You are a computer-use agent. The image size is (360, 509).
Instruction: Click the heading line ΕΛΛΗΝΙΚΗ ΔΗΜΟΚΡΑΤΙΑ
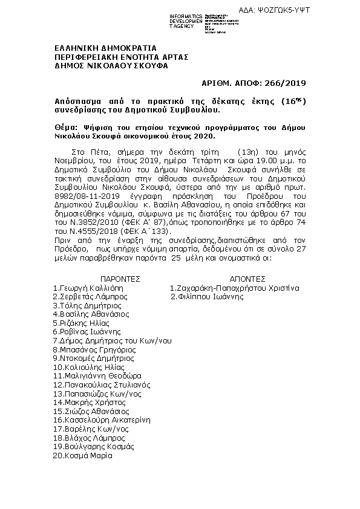click(106, 48)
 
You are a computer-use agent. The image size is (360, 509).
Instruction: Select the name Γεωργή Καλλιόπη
click(91, 288)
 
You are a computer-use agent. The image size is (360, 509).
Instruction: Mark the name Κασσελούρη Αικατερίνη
click(104, 420)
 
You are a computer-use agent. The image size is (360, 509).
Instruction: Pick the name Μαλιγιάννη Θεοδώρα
click(97, 375)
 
